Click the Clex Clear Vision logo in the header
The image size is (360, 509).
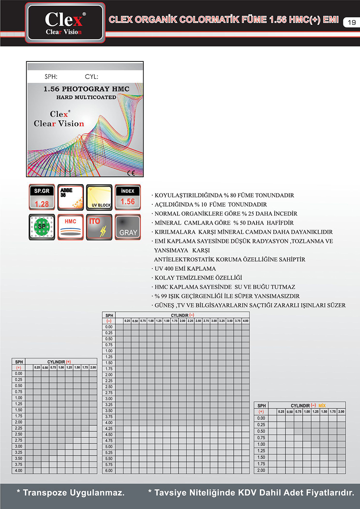point(65,23)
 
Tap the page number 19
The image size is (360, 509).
point(352,22)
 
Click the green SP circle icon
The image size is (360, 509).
point(42,227)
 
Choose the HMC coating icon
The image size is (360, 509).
point(71,227)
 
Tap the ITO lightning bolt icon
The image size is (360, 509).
point(99,227)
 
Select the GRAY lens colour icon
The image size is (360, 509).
point(128,227)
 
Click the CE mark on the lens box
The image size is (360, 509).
point(131,173)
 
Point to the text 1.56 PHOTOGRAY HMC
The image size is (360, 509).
point(86,89)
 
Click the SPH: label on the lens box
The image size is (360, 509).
point(51,77)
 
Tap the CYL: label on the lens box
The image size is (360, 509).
point(91,77)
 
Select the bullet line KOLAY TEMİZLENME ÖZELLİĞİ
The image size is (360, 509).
point(197,278)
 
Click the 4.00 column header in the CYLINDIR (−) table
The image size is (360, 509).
point(246,321)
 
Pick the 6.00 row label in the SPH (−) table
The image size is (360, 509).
point(109,470)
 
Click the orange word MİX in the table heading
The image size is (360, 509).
point(322,405)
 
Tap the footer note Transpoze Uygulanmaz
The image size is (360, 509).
point(71,493)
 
